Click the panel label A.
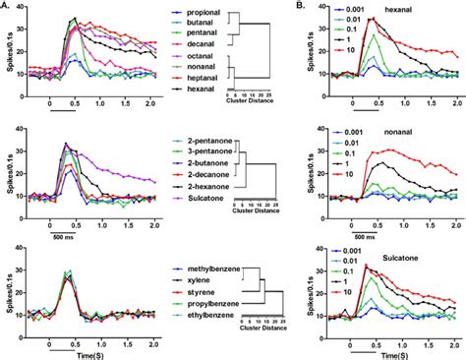coord(7,6)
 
